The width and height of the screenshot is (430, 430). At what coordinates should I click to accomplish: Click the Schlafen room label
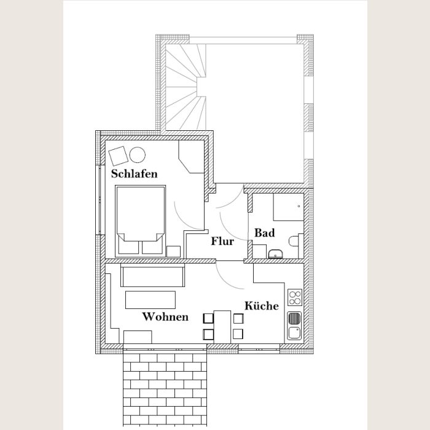pyautogui.click(x=134, y=174)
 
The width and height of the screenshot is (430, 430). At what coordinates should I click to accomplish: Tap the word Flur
pyautogui.click(x=222, y=241)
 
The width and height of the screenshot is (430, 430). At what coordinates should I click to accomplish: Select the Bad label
pyautogui.click(x=264, y=233)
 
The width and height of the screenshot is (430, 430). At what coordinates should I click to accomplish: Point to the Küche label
pyautogui.click(x=261, y=305)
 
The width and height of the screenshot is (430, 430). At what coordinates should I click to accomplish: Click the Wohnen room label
pyautogui.click(x=165, y=317)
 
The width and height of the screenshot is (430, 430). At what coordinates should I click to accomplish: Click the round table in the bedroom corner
pyautogui.click(x=137, y=155)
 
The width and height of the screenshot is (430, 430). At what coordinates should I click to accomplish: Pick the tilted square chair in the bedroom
pyautogui.click(x=118, y=156)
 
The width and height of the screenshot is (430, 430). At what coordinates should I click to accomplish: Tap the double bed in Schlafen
pyautogui.click(x=141, y=221)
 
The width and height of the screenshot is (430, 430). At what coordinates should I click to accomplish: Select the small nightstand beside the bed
pyautogui.click(x=174, y=251)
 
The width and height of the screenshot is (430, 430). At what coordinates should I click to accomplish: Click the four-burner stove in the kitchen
pyautogui.click(x=295, y=297)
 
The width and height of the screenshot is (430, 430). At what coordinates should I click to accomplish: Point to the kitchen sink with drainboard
pyautogui.click(x=294, y=326)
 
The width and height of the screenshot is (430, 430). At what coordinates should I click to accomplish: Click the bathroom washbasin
pyautogui.click(x=275, y=254)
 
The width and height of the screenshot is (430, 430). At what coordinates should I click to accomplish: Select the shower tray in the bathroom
pyautogui.click(x=289, y=207)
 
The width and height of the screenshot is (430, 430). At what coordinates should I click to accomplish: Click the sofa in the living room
pyautogui.click(x=152, y=275)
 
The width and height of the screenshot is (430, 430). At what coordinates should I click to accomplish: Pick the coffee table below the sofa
pyautogui.click(x=150, y=300)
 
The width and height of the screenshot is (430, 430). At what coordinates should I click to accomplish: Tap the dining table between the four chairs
pyautogui.click(x=222, y=327)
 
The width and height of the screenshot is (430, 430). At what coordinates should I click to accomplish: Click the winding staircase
pyautogui.click(x=186, y=87)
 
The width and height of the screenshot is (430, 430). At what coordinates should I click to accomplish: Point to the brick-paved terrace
pyautogui.click(x=165, y=389)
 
